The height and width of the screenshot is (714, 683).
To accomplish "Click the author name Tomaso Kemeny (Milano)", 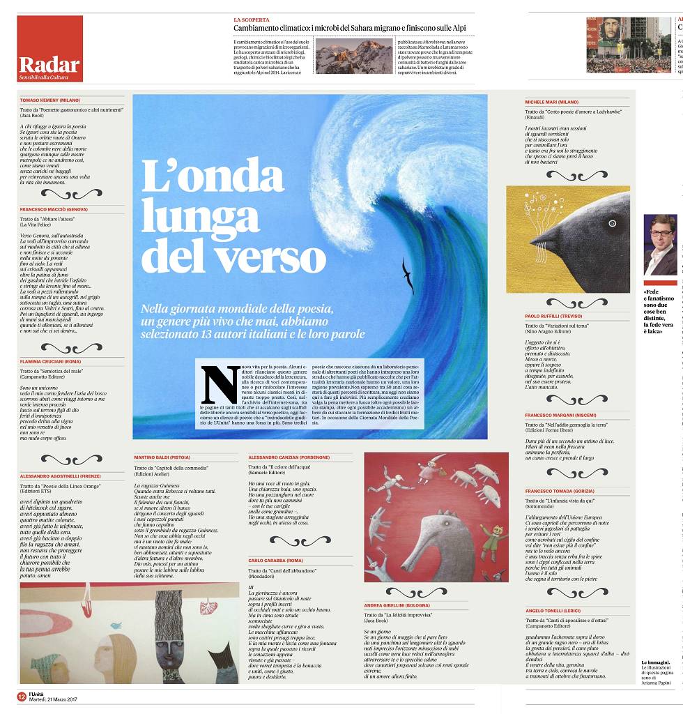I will (x=49, y=100).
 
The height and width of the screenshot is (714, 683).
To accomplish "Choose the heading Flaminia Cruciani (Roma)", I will (x=51, y=361).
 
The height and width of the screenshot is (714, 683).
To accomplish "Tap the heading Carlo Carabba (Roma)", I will (x=275, y=560).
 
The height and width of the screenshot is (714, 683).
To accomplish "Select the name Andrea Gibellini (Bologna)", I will (x=397, y=605).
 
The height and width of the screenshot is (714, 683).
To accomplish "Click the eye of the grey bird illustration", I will (x=613, y=223).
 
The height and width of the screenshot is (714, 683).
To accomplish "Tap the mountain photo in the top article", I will (x=344, y=56).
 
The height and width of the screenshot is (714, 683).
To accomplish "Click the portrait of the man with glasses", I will (x=659, y=244).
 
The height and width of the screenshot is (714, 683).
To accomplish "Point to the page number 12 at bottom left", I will (x=22, y=695).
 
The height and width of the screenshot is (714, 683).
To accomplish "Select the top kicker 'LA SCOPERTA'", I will (x=252, y=20).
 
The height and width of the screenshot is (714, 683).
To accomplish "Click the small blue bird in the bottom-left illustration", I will (x=116, y=625).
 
